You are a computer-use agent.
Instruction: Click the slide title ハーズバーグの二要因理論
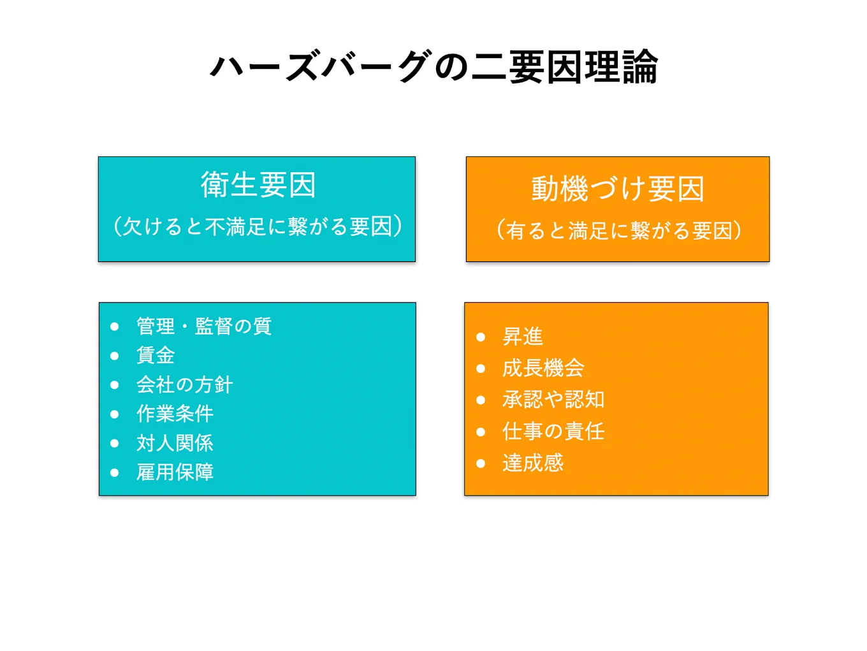pyautogui.click(x=433, y=67)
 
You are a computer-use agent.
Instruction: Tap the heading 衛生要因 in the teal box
pyautogui.click(x=258, y=185)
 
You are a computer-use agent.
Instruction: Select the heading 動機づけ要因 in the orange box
pyautogui.click(x=617, y=189)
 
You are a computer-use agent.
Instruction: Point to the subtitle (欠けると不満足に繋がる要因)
pyautogui.click(x=258, y=226)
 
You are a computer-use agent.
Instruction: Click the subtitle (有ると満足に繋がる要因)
pyautogui.click(x=618, y=230)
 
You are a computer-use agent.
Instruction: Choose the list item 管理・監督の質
pyautogui.click(x=204, y=326)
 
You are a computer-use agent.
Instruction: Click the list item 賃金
pyautogui.click(x=156, y=355)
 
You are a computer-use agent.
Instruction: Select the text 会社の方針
pyautogui.click(x=184, y=384)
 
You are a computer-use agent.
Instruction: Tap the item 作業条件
pyautogui.click(x=175, y=414)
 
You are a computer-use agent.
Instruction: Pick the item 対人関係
pyautogui.click(x=175, y=443)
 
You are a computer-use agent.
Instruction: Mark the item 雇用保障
pyautogui.click(x=175, y=472)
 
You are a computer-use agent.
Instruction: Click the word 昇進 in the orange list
pyautogui.click(x=523, y=337)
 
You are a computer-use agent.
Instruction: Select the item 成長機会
pyautogui.click(x=543, y=368)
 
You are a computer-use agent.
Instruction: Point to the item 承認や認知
pyautogui.click(x=553, y=400)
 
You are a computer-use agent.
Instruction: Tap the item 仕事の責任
pyautogui.click(x=553, y=432)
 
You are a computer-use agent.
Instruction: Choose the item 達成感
pyautogui.click(x=533, y=463)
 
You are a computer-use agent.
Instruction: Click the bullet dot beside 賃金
pyautogui.click(x=115, y=356)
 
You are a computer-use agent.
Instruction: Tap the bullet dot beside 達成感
pyautogui.click(x=481, y=464)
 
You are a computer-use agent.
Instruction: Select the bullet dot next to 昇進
pyautogui.click(x=481, y=337)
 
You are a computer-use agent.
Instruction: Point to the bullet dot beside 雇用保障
pyautogui.click(x=115, y=473)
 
